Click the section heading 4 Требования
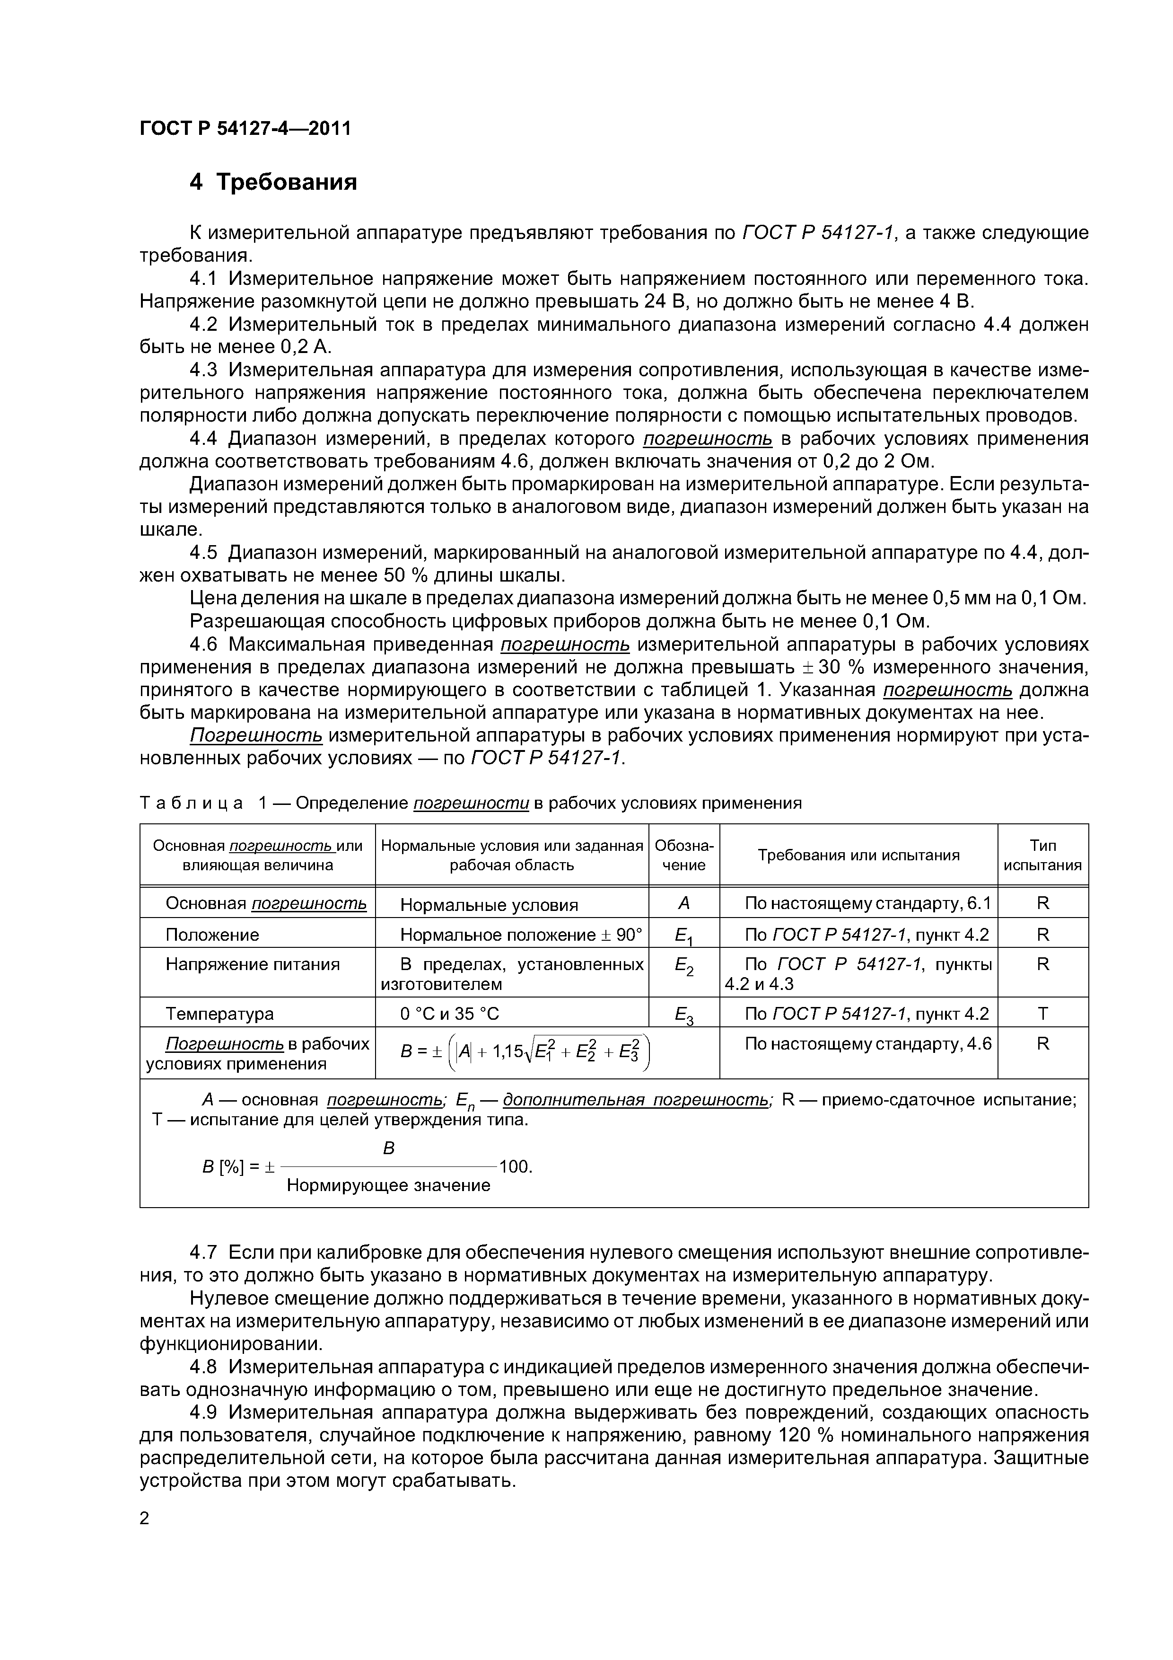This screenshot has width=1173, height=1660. [x=273, y=182]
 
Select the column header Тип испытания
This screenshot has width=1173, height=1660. [x=1042, y=855]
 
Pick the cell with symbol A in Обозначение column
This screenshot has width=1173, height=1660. [x=684, y=903]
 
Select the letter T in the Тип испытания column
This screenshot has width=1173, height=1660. [x=1042, y=1014]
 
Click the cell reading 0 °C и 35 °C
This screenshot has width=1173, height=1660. [x=449, y=1014]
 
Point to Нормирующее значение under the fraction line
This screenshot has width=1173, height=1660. [x=388, y=1185]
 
